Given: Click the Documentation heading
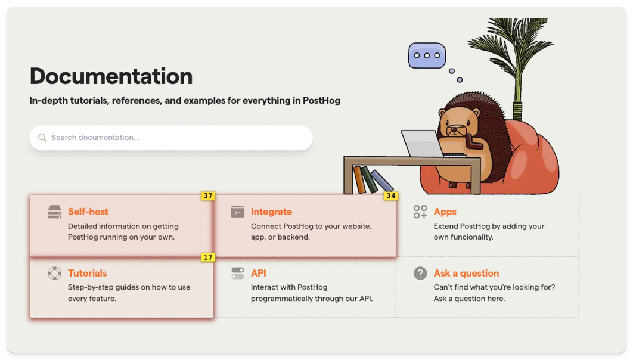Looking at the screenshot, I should tap(111, 76).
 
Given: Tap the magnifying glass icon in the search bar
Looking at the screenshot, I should tap(42, 138).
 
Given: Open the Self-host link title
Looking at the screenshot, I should tap(88, 212).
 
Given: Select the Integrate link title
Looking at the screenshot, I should tap(271, 212).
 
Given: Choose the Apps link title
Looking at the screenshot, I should tap(445, 212).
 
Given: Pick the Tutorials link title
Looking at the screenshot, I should tap(87, 273).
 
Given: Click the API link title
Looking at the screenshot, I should tap(258, 273).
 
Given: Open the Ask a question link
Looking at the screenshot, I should tap(466, 273).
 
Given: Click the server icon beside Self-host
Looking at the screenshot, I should tap(55, 212).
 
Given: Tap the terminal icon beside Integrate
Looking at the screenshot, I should tap(238, 212).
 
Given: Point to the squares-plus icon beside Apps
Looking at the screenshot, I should tap(420, 212).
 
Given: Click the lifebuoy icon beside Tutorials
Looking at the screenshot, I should tap(55, 274).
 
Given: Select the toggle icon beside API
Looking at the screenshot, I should tap(238, 274).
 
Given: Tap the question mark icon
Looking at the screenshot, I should tap(420, 274).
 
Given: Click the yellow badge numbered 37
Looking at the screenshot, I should tap(207, 195).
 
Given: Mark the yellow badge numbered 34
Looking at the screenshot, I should tap(390, 195).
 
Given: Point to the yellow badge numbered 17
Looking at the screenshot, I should tap(207, 257).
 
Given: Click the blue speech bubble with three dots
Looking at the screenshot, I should tap(427, 55).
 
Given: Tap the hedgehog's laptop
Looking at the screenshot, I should tap(422, 144).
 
